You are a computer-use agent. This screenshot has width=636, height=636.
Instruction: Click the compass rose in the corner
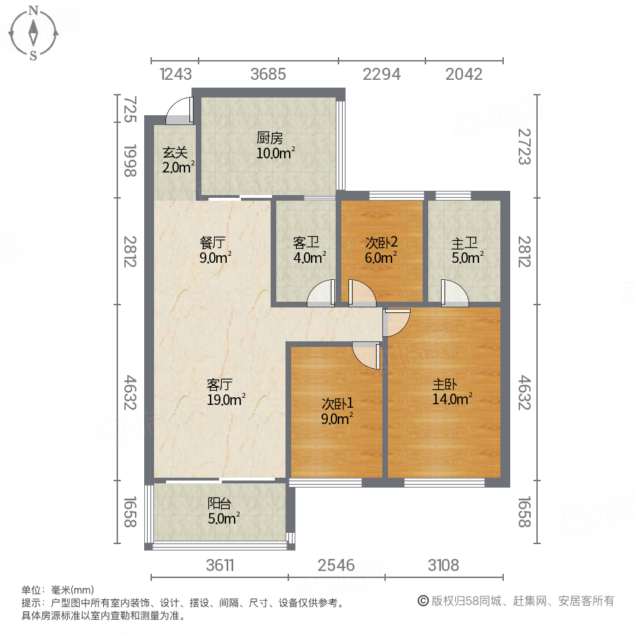point(33,32)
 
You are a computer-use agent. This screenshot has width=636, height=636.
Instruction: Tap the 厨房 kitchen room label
point(269,139)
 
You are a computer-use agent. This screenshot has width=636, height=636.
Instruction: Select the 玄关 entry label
point(175,152)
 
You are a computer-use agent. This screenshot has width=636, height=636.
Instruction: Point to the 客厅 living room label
point(220,385)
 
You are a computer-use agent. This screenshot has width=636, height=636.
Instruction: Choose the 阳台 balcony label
point(219,504)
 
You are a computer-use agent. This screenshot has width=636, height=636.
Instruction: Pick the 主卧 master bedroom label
point(445,385)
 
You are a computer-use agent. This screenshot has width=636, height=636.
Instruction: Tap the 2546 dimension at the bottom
point(336,565)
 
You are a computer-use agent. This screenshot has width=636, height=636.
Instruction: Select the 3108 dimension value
point(443,565)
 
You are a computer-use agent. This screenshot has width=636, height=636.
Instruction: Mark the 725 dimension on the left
point(130,111)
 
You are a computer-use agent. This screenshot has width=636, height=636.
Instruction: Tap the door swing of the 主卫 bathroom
point(454,294)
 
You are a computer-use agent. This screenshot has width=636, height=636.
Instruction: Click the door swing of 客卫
point(322,294)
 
